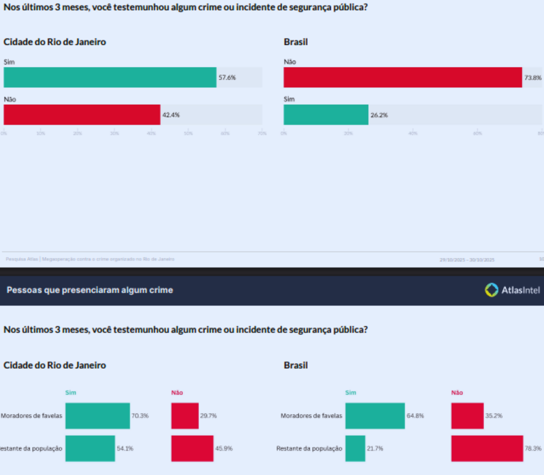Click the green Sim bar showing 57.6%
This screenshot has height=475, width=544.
tap(110, 78)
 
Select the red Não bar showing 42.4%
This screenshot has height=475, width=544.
tap(82, 115)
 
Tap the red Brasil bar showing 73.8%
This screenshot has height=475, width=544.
tap(402, 78)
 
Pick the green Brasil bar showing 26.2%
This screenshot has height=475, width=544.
tap(326, 115)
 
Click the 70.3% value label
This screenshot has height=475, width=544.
tap(140, 416)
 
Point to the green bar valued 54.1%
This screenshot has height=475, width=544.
tap(90, 448)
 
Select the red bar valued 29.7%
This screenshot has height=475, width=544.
tap(185, 416)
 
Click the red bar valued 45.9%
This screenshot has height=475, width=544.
tap(192, 448)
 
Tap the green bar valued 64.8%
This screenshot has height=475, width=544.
tap(375, 416)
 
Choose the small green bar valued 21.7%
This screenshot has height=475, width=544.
tap(355, 448)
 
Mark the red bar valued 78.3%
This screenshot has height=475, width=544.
tap(487, 448)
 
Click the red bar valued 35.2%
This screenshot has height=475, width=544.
tap(467, 416)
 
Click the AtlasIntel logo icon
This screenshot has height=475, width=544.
tap(491, 290)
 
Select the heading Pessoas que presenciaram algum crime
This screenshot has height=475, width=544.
tap(90, 290)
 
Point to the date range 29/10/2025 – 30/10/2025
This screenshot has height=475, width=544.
tap(467, 260)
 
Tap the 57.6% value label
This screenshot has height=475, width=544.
tap(227, 78)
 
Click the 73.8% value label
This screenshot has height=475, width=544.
tap(533, 78)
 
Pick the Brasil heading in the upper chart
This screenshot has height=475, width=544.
tap(296, 42)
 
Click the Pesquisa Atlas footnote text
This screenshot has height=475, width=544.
tap(90, 259)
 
